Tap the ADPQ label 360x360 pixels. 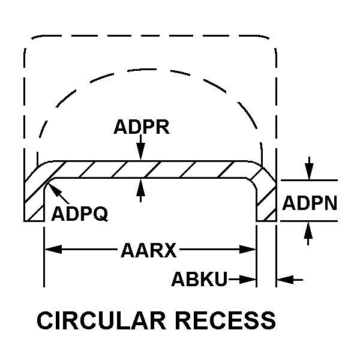[80, 214]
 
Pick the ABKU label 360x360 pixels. [199, 279]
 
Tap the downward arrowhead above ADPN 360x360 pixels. [308, 175]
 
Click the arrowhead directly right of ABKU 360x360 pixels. [252, 279]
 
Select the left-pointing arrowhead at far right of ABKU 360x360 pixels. [282, 279]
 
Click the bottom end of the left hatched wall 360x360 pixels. [34, 221]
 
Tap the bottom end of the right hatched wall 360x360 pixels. [266, 221]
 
